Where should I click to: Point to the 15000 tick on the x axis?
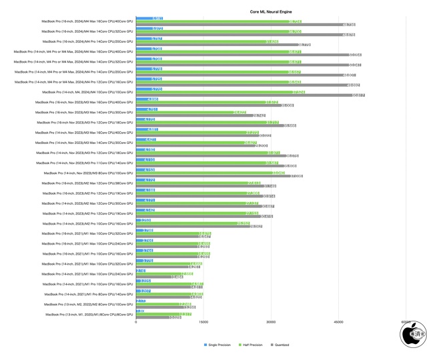tap(203, 323)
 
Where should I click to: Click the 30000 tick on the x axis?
tap(271, 323)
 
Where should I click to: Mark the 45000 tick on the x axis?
tap(339, 323)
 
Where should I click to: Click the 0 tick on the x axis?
tap(136, 323)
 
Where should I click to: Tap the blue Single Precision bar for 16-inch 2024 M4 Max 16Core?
tap(149, 19)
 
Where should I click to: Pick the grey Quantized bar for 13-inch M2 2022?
tap(161, 307)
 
